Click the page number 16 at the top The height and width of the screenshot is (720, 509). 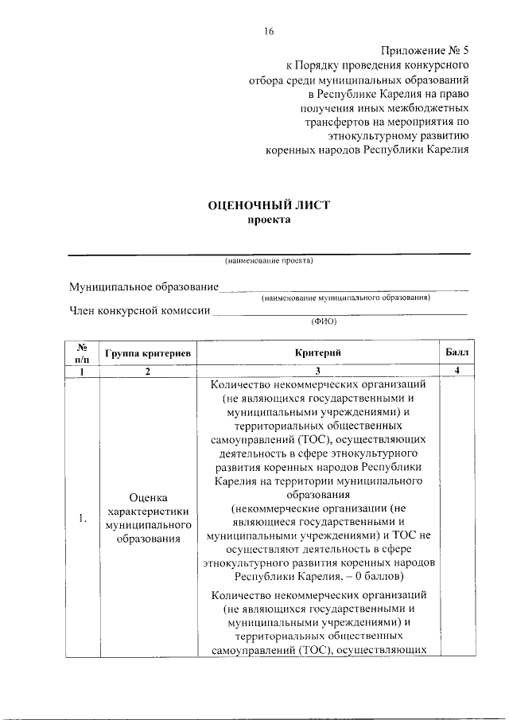tap(269, 31)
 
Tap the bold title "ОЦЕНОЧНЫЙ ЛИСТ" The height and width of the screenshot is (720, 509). tap(268, 205)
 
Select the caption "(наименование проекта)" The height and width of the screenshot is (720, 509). tap(269, 260)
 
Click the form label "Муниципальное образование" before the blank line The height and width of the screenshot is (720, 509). tap(143, 286)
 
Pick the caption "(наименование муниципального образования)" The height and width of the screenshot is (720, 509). tap(346, 298)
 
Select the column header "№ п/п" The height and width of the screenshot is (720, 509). tap(81, 352)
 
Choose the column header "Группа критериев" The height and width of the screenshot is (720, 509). tap(147, 352)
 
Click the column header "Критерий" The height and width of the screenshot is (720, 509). tap(318, 352)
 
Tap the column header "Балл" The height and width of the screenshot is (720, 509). tap(457, 352)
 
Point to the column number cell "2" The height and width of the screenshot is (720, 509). tap(147, 371)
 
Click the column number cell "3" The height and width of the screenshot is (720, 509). tap(318, 371)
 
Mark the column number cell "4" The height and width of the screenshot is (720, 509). tap(457, 371)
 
